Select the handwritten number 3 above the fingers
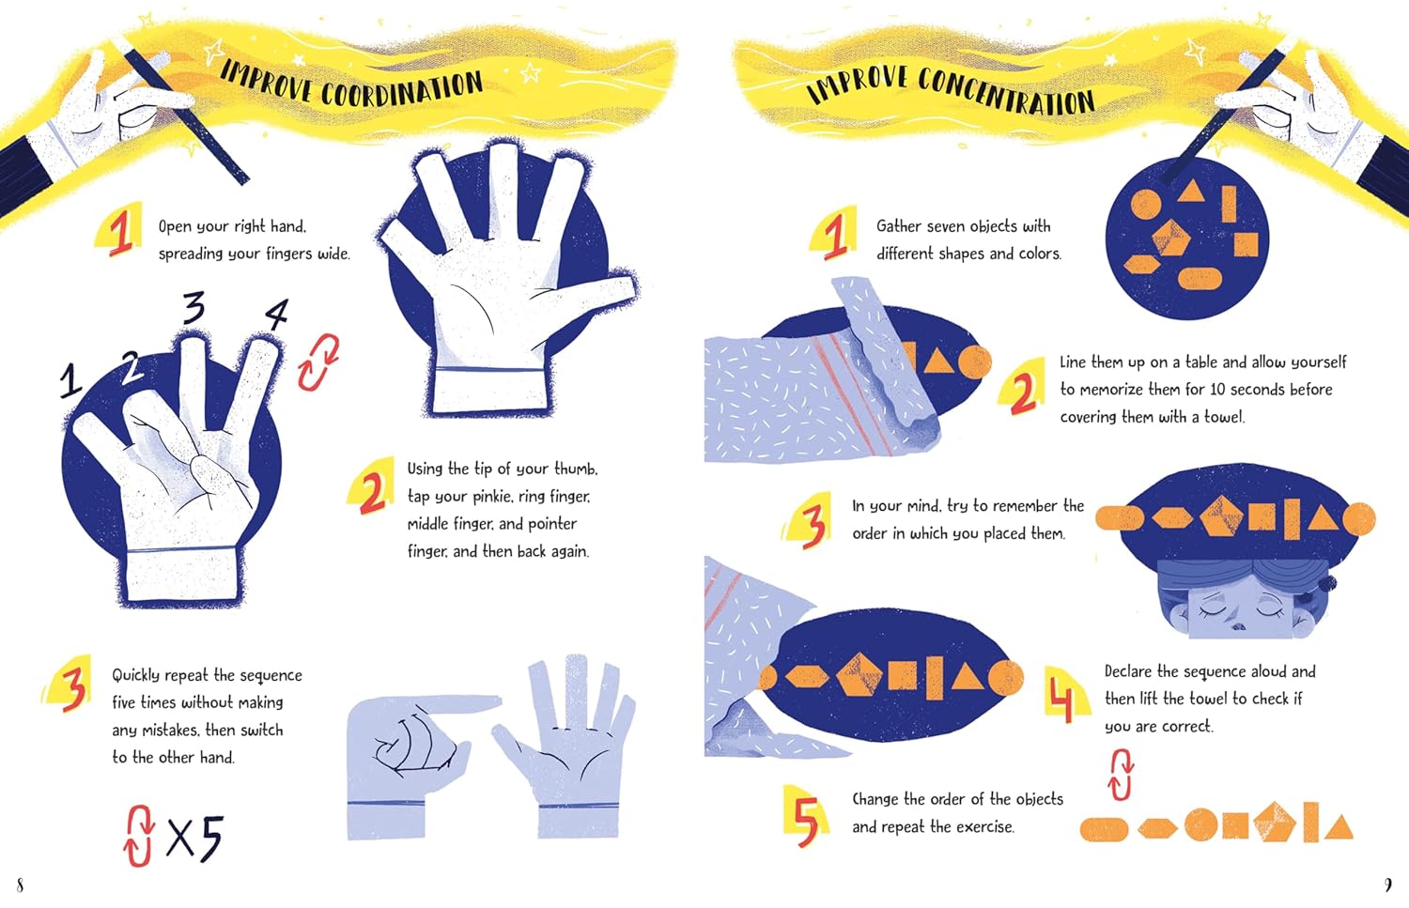tap(194, 307)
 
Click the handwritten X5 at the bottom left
tap(195, 838)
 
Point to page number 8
tap(20, 885)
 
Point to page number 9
tap(1388, 885)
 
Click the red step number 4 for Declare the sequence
tap(1061, 696)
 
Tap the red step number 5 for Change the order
tap(806, 820)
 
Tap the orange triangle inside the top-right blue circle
tap(1190, 192)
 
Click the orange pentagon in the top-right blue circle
tap(1170, 238)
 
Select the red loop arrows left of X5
tap(138, 837)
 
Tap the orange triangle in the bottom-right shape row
tap(1338, 826)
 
